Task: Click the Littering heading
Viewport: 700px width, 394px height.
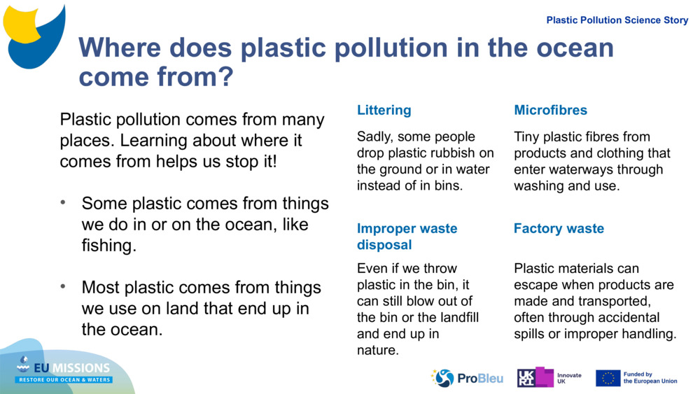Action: tap(384, 110)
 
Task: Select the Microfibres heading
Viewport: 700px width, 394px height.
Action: tap(550, 110)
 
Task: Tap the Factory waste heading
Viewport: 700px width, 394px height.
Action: tap(559, 228)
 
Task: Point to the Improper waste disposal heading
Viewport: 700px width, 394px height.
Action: tap(407, 237)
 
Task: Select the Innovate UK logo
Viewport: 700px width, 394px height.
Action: tap(549, 378)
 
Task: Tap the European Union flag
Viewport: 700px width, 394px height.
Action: tap(608, 378)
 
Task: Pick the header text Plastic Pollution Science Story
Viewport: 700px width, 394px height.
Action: tap(617, 20)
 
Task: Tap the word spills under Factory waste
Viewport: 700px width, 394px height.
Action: tap(530, 334)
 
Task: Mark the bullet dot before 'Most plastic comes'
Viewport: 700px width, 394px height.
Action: tap(63, 287)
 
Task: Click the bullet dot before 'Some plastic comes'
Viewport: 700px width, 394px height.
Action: tap(63, 203)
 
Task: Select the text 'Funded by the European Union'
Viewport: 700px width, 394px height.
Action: tap(650, 378)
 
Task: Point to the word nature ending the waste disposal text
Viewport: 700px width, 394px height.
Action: tap(378, 350)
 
